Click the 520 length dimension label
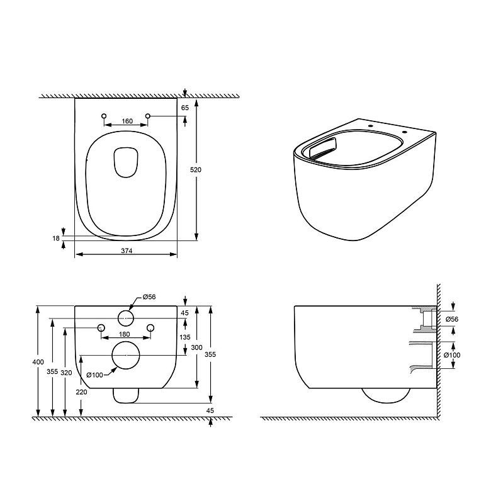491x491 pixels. (x=196, y=170)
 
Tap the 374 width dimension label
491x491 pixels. (x=127, y=251)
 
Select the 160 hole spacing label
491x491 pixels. (x=127, y=121)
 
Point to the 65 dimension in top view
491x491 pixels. (x=185, y=108)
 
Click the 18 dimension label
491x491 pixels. (x=56, y=239)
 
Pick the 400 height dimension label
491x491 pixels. (x=38, y=362)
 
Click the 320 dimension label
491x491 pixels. (x=66, y=372)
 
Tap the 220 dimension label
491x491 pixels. (x=81, y=392)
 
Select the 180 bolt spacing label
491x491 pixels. (x=124, y=334)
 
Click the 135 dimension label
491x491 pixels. (x=185, y=337)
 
